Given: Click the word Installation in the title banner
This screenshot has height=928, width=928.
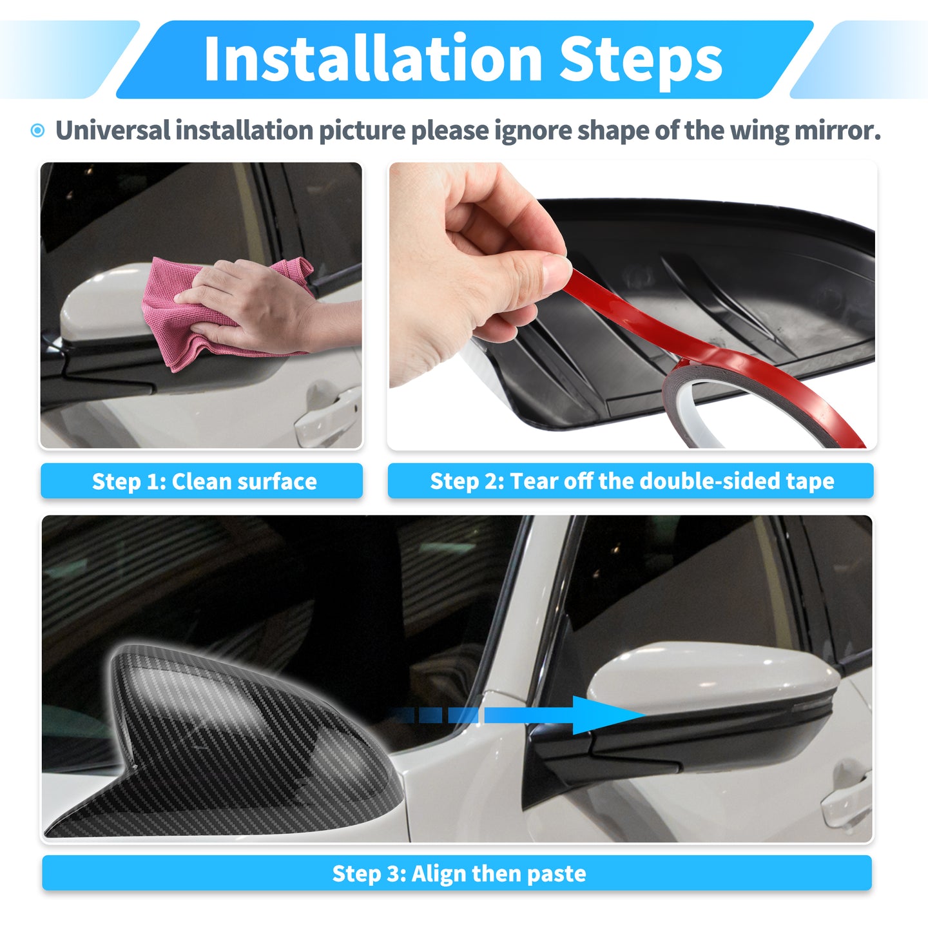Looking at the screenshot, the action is pyautogui.click(x=374, y=59).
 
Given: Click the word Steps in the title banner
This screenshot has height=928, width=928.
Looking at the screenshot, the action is pyautogui.click(x=641, y=62).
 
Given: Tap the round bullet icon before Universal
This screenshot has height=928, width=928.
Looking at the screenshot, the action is pyautogui.click(x=37, y=131).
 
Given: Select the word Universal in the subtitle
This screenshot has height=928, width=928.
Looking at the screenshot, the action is pyautogui.click(x=113, y=131).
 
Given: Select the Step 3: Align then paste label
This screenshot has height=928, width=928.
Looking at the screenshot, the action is pyautogui.click(x=457, y=873).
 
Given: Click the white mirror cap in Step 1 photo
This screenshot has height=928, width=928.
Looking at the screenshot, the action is pyautogui.click(x=104, y=301).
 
